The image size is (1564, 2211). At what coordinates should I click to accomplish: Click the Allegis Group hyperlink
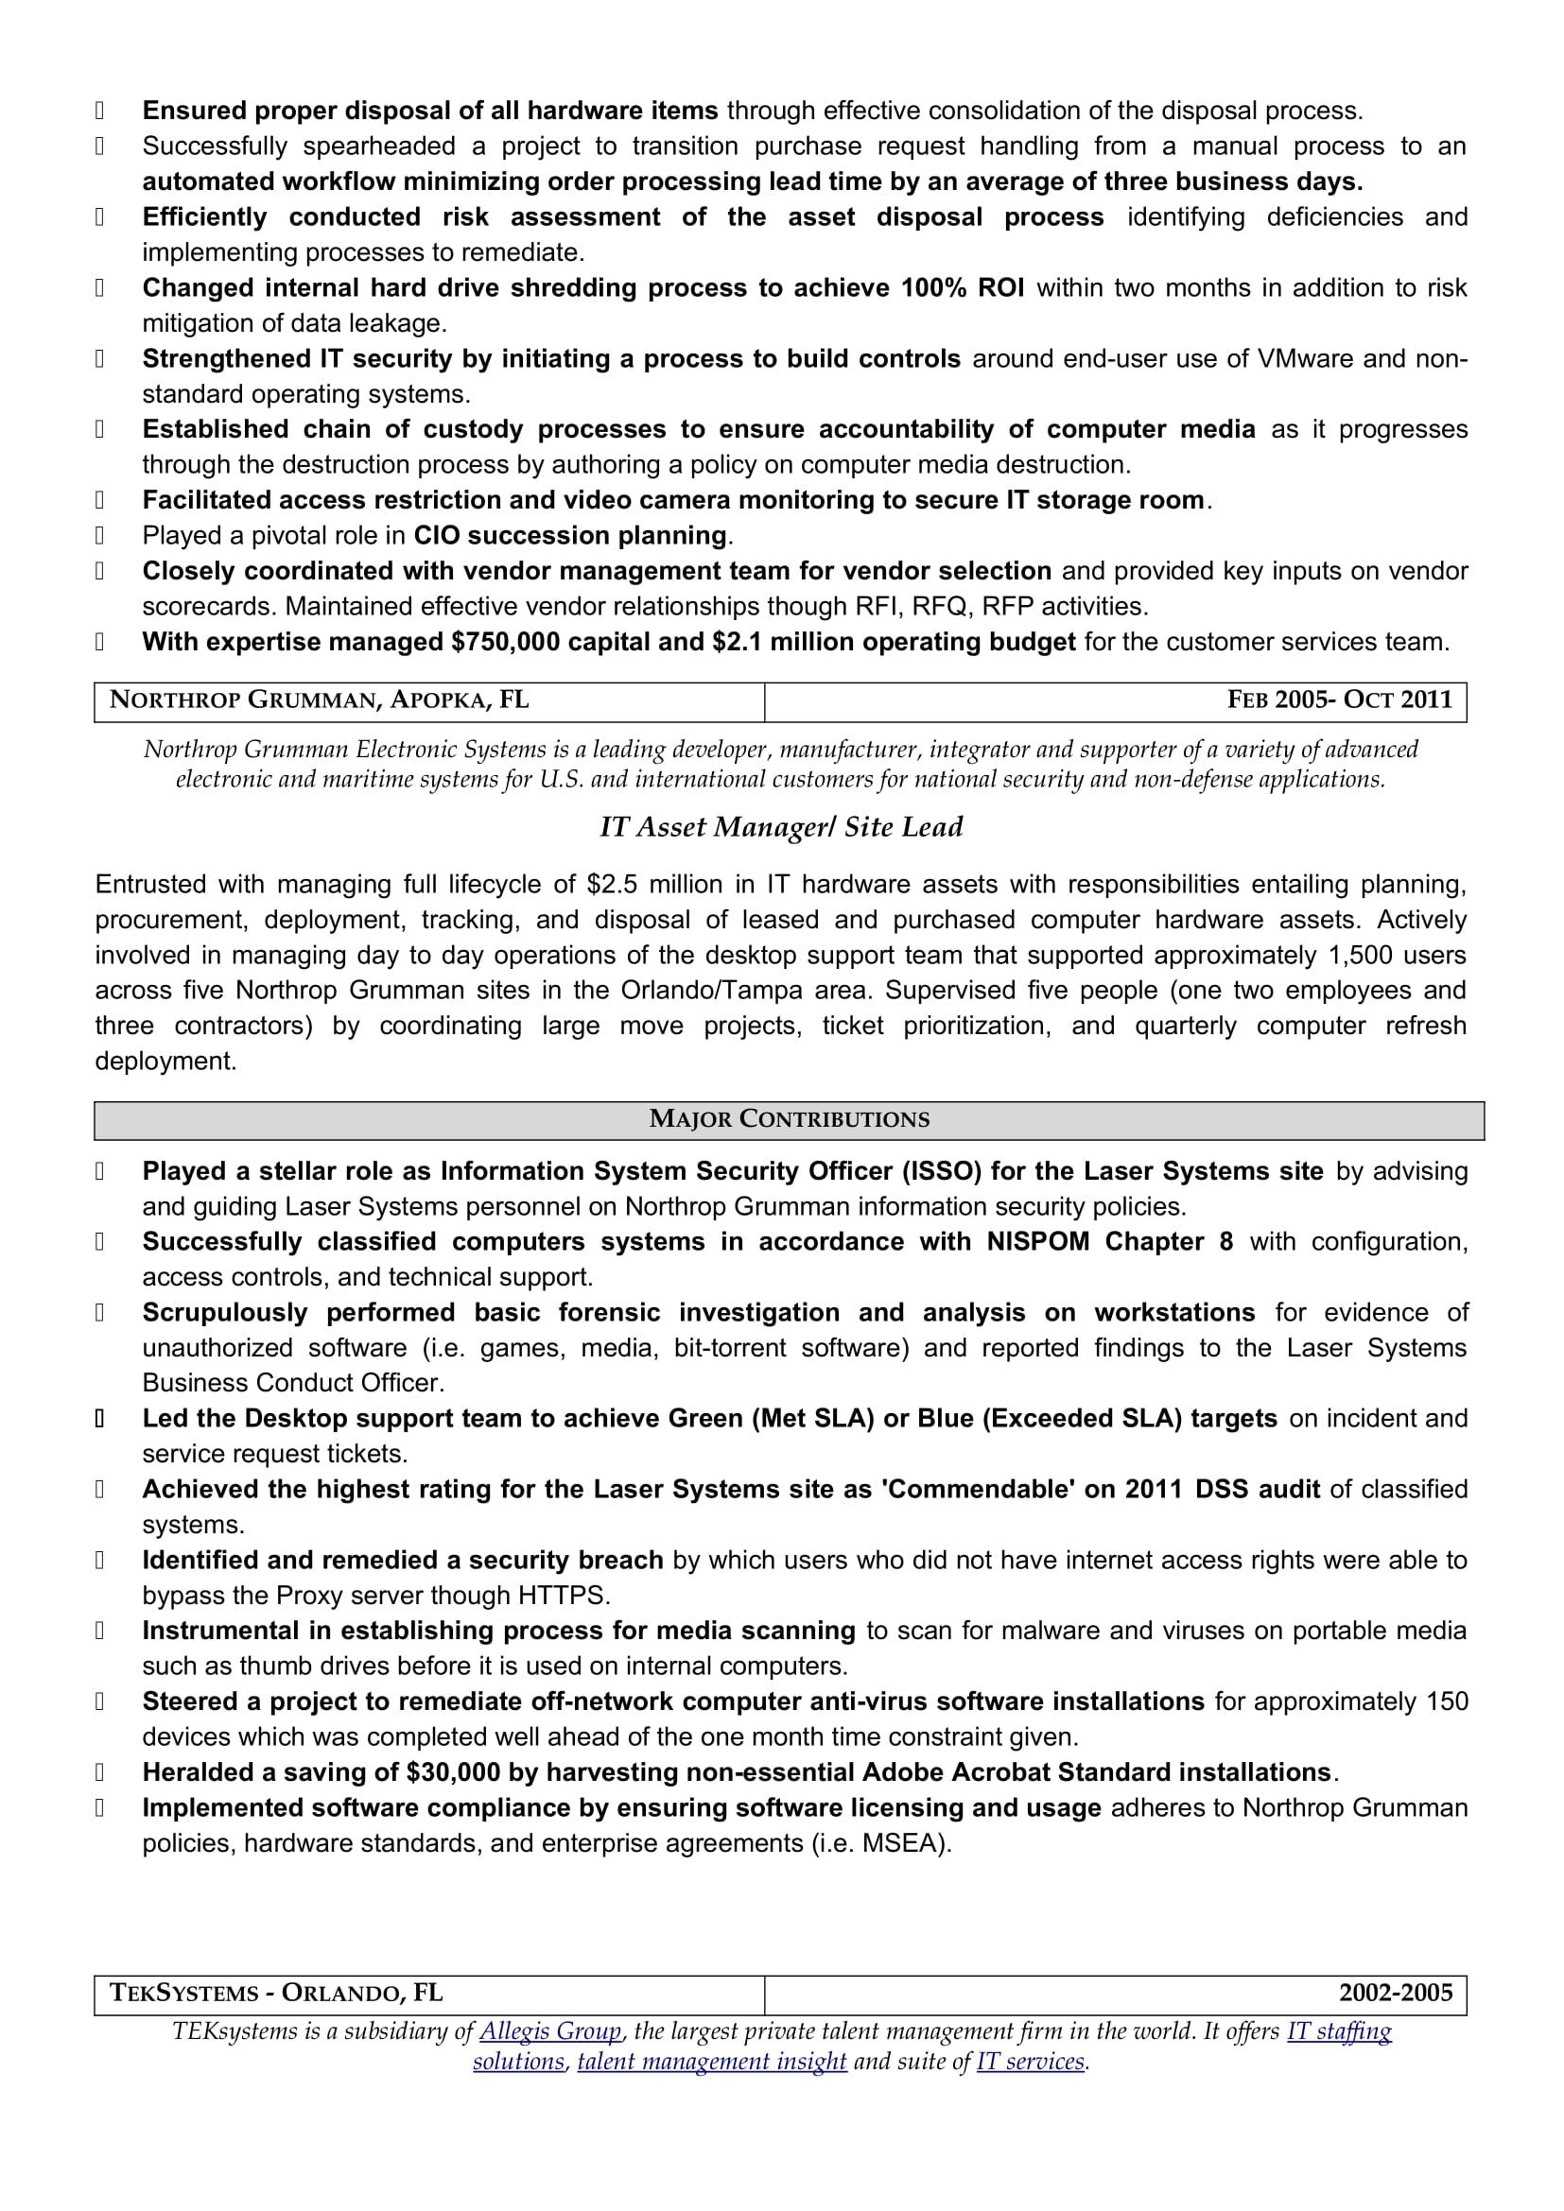coord(550,2030)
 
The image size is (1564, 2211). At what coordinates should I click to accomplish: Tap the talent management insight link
coord(712,2062)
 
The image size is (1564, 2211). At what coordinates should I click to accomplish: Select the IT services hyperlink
coord(1031,2062)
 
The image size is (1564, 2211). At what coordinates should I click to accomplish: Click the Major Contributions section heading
coord(789,1119)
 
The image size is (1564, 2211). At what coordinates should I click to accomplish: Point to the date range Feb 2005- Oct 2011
coord(1339,700)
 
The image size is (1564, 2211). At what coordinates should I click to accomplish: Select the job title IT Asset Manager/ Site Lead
coord(781,827)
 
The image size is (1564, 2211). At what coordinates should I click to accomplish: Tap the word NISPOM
coord(1037,1242)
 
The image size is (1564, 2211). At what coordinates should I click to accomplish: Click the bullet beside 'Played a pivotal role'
coord(99,536)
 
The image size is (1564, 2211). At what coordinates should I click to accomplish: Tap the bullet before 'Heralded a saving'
coord(99,1772)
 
